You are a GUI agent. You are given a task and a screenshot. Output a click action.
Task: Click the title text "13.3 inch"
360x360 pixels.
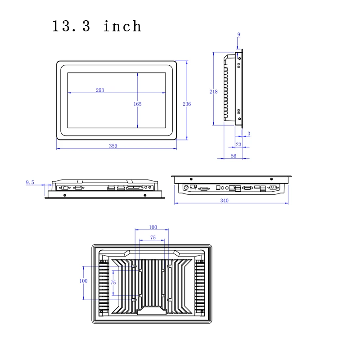click(x=97, y=26)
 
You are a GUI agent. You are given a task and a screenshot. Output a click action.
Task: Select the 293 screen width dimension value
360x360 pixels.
click(x=100, y=90)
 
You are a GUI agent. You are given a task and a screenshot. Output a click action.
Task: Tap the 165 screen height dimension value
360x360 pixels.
click(x=138, y=104)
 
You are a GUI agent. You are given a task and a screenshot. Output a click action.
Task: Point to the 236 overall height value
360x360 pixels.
click(x=187, y=104)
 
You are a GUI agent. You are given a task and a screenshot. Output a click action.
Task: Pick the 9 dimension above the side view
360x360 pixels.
click(x=238, y=35)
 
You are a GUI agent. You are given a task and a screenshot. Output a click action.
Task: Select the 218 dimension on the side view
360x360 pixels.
click(x=214, y=91)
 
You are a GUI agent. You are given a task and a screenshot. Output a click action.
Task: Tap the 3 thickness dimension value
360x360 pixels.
click(x=249, y=134)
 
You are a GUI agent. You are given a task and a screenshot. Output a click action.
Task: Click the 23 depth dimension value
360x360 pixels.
click(x=238, y=144)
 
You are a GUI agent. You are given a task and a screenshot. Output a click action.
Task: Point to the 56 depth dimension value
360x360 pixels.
click(x=234, y=156)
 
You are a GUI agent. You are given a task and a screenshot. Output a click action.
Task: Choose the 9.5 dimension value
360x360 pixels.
click(x=30, y=182)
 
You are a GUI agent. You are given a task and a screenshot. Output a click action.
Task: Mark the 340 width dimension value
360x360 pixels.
click(x=225, y=200)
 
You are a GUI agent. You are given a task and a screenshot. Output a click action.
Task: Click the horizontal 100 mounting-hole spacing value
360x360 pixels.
click(x=153, y=227)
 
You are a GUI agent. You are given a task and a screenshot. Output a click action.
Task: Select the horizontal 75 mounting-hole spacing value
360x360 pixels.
click(x=153, y=238)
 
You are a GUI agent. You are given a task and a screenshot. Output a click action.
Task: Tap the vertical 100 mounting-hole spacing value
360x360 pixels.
click(x=83, y=281)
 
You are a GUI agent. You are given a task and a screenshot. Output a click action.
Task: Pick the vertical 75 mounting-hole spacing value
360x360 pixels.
click(x=113, y=282)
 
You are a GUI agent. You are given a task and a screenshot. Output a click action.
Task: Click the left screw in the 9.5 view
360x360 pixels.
click(x=65, y=195)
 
